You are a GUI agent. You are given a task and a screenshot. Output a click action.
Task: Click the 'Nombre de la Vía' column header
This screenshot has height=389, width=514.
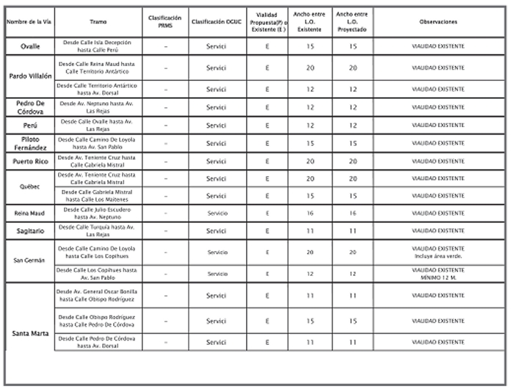point(29,23)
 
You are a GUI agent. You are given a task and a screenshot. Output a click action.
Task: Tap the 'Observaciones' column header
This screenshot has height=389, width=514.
point(438,23)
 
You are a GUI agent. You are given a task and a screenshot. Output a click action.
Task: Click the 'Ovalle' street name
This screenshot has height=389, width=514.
point(29,46)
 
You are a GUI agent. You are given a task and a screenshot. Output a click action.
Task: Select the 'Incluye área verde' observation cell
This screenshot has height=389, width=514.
point(438,252)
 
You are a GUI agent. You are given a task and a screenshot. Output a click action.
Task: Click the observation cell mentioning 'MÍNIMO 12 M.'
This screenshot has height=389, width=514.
point(438,274)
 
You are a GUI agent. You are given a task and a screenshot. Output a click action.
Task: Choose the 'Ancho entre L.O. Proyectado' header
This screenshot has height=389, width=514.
point(352,23)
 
